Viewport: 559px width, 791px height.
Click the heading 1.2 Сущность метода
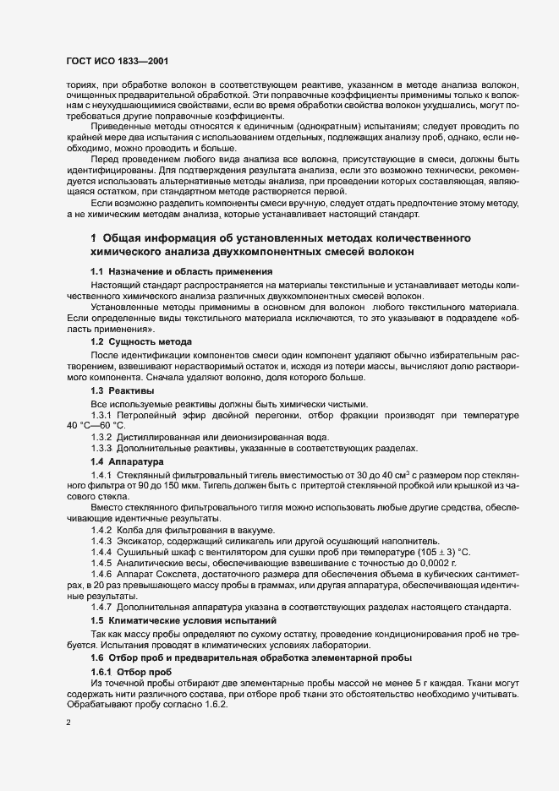click(140, 341)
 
